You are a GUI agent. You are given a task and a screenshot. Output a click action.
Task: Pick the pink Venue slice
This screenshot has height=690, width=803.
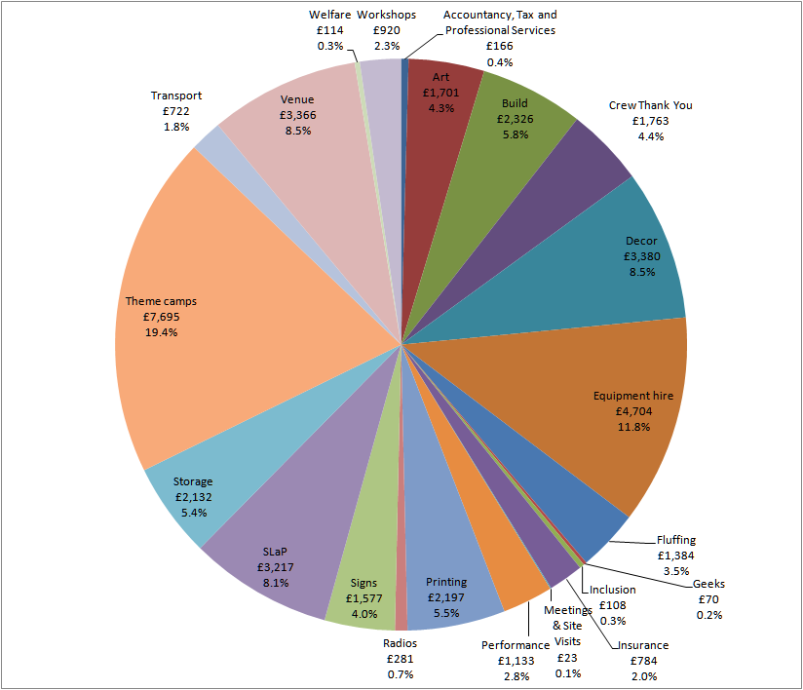(x=292, y=127)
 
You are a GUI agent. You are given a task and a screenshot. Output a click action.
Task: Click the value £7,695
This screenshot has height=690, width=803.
(x=152, y=317)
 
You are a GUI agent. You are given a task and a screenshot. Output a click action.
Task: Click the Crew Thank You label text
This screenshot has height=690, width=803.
(x=650, y=105)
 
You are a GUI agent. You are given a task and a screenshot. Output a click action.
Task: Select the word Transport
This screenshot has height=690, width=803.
(x=176, y=96)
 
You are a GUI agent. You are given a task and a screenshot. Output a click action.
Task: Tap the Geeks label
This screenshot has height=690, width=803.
(x=708, y=584)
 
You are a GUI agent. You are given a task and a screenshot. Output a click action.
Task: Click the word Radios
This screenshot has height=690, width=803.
(x=401, y=642)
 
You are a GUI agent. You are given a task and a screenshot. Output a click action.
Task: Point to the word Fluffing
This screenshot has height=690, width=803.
(x=676, y=540)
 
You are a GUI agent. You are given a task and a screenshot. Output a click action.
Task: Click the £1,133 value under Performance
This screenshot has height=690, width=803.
(x=516, y=661)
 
